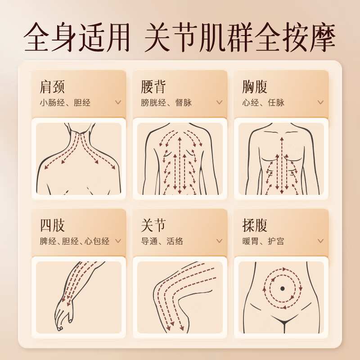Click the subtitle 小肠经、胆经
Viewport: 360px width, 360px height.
65,103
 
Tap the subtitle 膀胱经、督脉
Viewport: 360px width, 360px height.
166,103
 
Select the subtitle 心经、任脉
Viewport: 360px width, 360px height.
263,103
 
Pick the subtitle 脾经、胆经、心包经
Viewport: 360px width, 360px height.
75,241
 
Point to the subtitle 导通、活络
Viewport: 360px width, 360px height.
162,241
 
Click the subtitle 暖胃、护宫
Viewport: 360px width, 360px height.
263,241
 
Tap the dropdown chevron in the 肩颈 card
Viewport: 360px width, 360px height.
118,102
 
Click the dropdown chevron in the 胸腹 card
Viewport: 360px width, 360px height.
320,102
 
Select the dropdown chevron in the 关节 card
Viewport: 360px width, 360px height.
219,241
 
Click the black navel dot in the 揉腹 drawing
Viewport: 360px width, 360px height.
282,288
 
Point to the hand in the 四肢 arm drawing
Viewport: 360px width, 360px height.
63,313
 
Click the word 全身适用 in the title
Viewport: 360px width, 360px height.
76,37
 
